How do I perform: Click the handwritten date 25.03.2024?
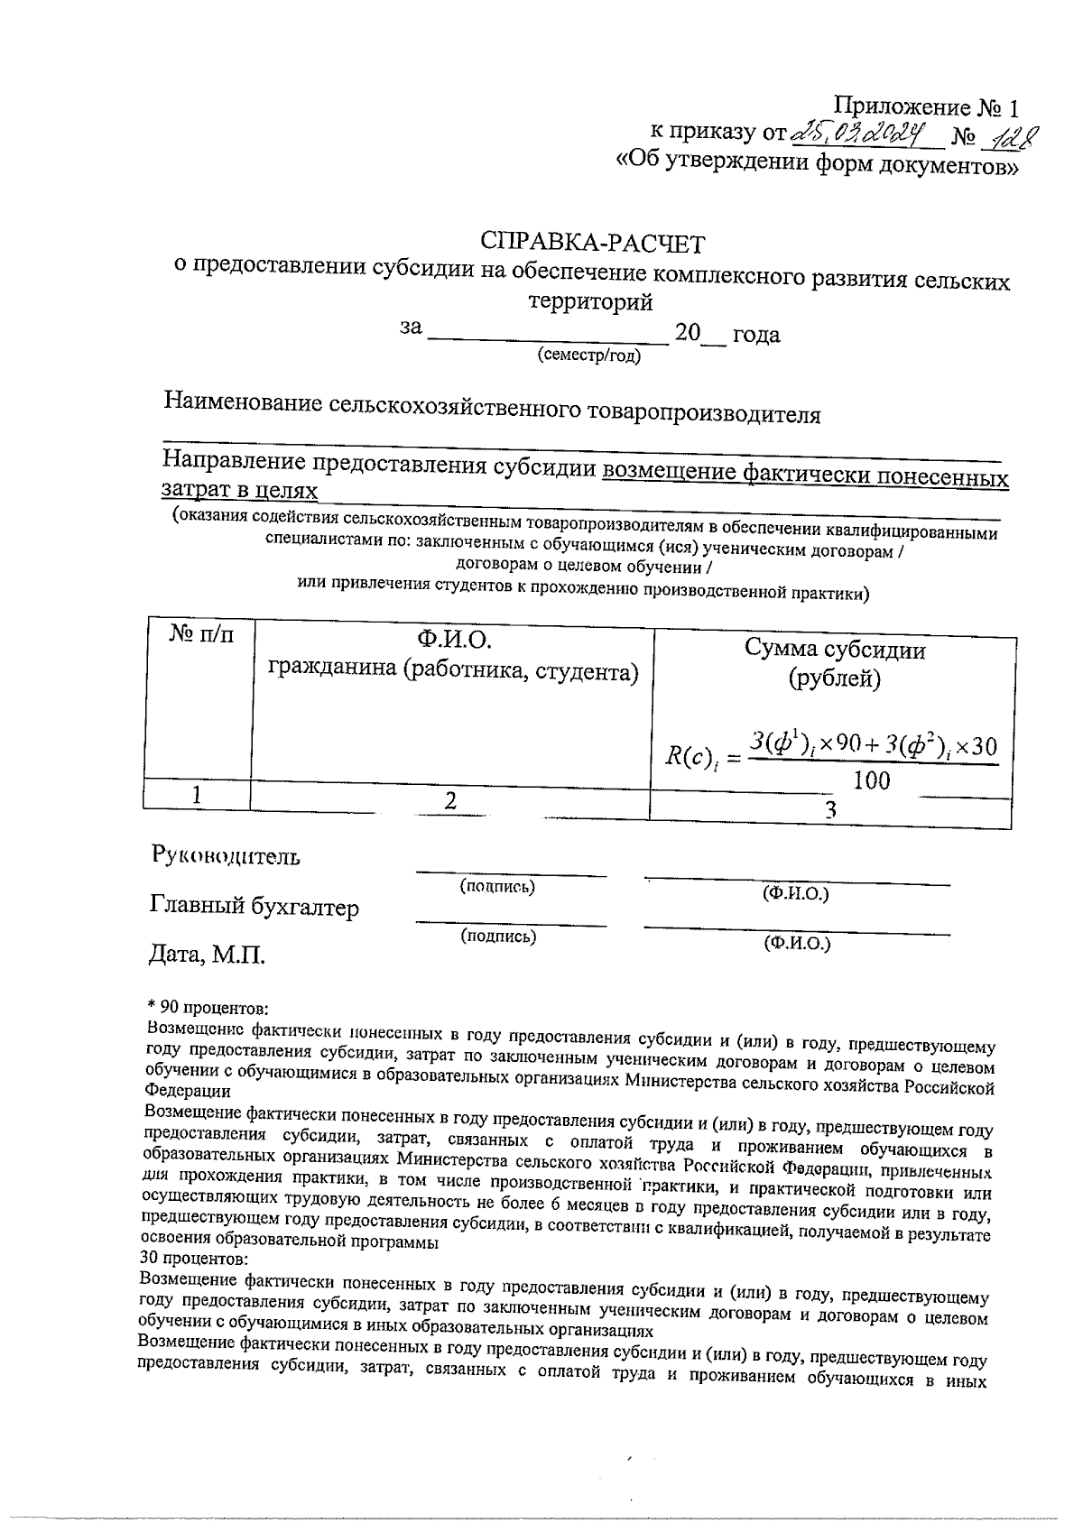click(859, 135)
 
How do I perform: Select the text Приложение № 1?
click(925, 108)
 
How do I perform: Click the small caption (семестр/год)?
click(588, 355)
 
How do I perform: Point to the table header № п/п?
click(201, 634)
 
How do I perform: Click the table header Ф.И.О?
click(452, 640)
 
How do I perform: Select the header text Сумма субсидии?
click(834, 649)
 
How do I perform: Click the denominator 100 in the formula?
click(871, 781)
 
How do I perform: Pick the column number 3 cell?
click(830, 810)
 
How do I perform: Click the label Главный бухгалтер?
click(254, 907)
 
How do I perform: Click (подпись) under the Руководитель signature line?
click(497, 886)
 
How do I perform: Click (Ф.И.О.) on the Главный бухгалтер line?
click(796, 944)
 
